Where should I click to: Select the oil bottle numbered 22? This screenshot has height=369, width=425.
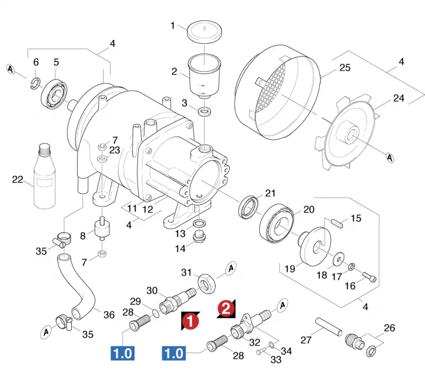coord(45,176)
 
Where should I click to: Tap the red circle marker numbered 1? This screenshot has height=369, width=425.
coord(190,321)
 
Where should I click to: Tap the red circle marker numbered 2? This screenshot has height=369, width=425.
coord(226,308)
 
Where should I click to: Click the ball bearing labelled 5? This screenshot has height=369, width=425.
coord(54,95)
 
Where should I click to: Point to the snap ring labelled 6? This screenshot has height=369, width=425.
coord(35,83)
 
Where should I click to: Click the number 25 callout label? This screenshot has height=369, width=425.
coord(345,67)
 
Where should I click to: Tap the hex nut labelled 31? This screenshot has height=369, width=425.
coord(207,284)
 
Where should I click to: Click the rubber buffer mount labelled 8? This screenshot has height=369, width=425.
coord(102,228)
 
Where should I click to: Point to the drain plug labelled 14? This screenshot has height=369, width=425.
coord(200,236)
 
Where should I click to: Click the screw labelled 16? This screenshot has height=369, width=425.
coord(369,277)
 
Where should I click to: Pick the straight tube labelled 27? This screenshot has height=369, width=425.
coord(329,327)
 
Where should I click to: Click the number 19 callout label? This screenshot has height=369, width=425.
coord(290,269)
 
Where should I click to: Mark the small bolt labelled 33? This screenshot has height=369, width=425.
coord(262,351)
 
